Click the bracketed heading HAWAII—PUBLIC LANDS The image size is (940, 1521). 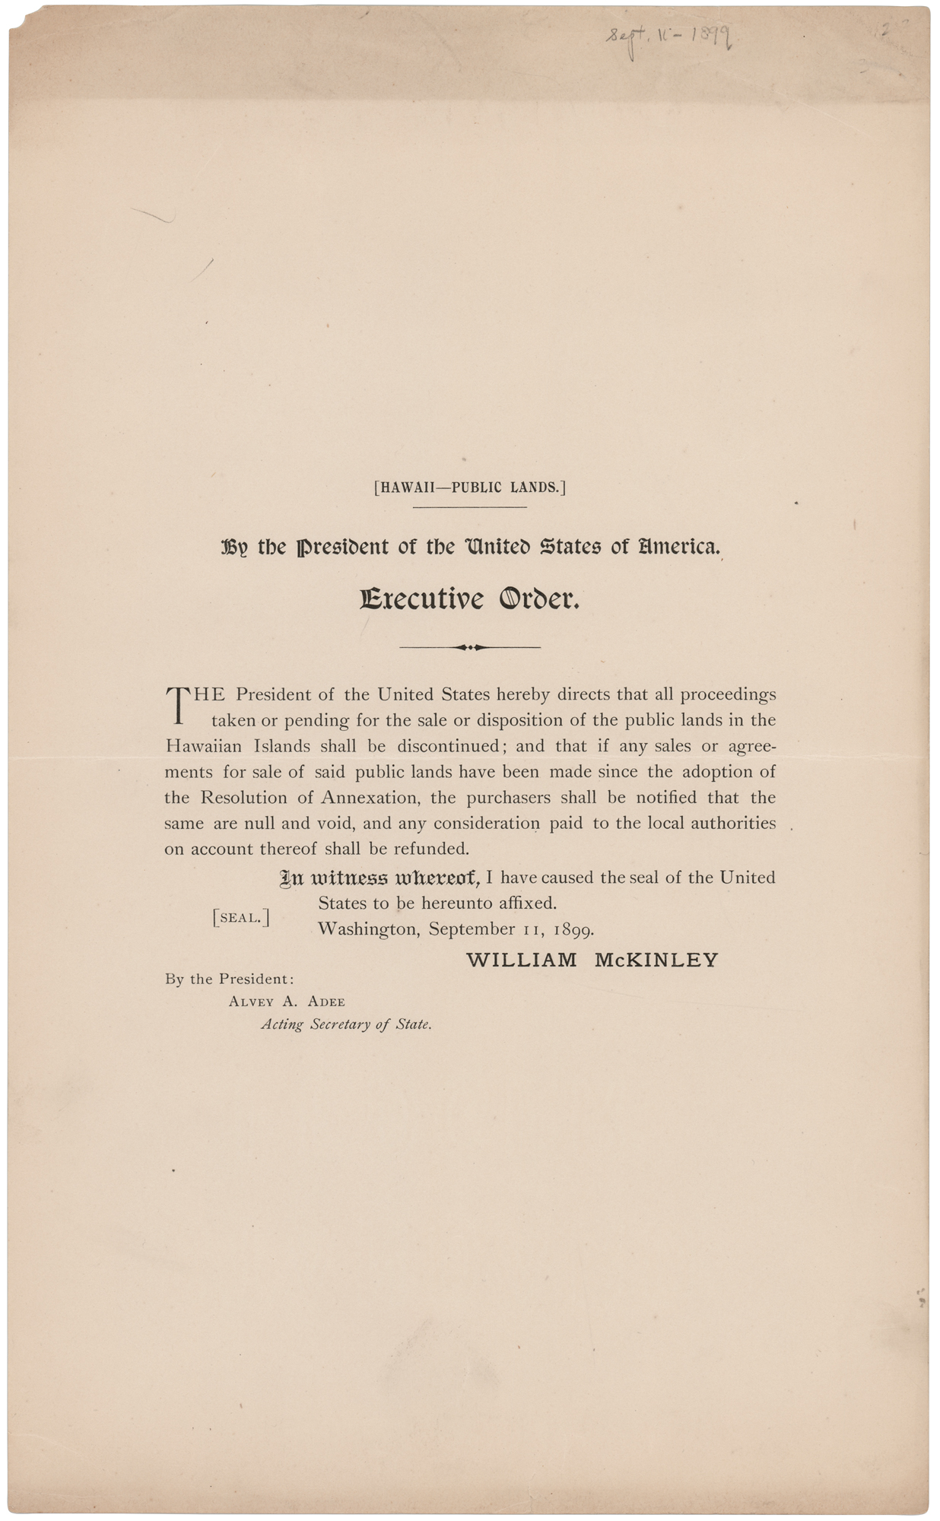(470, 487)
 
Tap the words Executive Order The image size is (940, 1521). (470, 600)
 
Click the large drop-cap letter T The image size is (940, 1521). (176, 704)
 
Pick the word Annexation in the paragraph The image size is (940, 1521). (370, 798)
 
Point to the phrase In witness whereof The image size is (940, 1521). (379, 878)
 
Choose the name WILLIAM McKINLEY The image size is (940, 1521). (592, 960)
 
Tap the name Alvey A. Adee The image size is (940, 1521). (287, 1002)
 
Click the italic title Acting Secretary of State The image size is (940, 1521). (346, 1024)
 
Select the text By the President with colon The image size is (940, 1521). (229, 980)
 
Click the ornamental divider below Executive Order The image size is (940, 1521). (470, 647)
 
